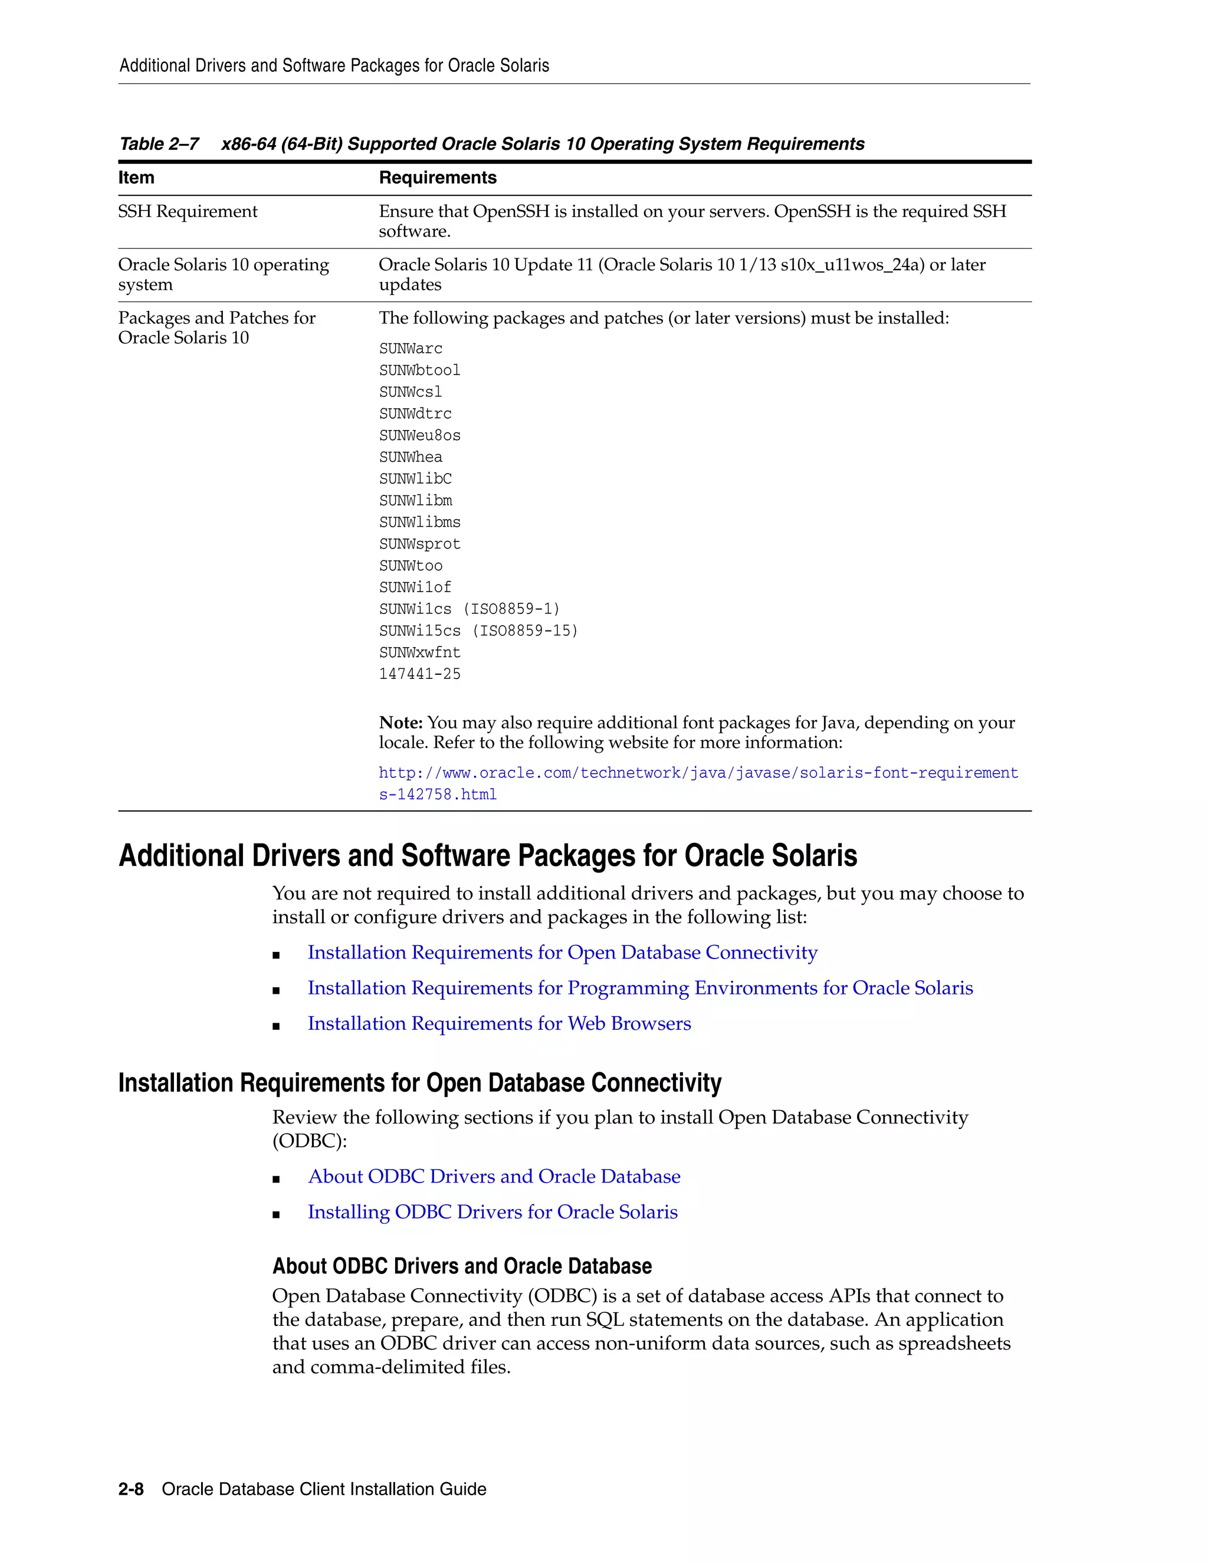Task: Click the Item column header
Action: pyautogui.click(x=136, y=178)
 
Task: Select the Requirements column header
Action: pyautogui.click(x=437, y=178)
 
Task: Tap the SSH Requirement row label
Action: pyautogui.click(x=188, y=212)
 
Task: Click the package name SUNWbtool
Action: pyautogui.click(x=419, y=370)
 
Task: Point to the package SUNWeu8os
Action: pyautogui.click(x=419, y=435)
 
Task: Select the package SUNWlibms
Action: pyautogui.click(x=419, y=523)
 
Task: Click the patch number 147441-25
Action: pyautogui.click(x=419, y=674)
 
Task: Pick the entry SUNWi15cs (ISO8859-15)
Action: pyautogui.click(x=478, y=631)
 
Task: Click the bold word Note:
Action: pyautogui.click(x=401, y=723)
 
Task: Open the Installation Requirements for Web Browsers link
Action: pyautogui.click(x=499, y=1024)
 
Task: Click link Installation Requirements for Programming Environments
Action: pyautogui.click(x=640, y=989)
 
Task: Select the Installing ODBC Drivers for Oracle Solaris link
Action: pyautogui.click(x=493, y=1212)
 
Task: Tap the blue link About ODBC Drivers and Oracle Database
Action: pyautogui.click(x=494, y=1177)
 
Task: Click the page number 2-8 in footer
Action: pyautogui.click(x=131, y=1489)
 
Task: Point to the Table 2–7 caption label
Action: pyautogui.click(x=159, y=144)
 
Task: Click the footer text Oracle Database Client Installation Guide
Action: pyautogui.click(x=323, y=1489)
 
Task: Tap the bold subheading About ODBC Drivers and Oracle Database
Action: pyautogui.click(x=462, y=1266)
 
